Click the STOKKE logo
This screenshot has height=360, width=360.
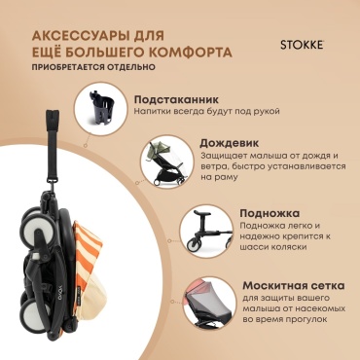point(302,45)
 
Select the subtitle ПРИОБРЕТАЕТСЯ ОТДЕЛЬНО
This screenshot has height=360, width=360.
point(93,67)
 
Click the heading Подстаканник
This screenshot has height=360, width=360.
point(176,99)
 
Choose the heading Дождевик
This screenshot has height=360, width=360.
point(230,143)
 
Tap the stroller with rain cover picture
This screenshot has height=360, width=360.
point(165,162)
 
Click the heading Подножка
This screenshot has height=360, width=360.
point(270,213)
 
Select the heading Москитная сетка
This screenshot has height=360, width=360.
point(294,286)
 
